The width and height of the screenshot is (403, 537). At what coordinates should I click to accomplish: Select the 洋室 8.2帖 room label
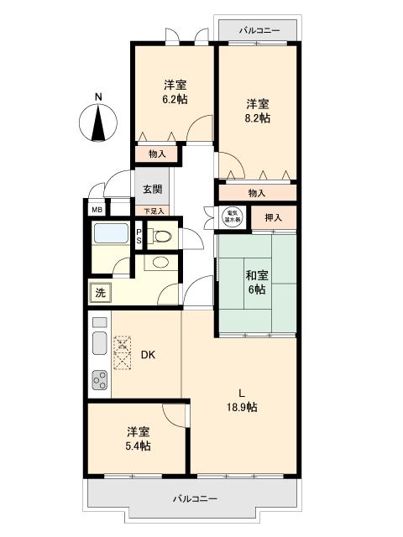[258, 111]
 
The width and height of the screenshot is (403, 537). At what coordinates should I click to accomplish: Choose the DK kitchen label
[147, 355]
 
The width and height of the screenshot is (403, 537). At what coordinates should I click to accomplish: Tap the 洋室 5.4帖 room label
[139, 439]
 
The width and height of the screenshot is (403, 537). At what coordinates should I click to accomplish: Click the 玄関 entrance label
[152, 189]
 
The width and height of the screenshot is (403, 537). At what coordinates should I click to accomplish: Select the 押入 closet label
[274, 218]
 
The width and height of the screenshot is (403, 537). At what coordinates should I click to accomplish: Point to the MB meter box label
[97, 210]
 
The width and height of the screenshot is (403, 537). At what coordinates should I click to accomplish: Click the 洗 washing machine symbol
[100, 293]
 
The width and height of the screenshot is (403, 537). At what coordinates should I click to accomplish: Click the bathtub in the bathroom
[110, 234]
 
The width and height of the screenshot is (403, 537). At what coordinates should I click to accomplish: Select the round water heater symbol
[231, 216]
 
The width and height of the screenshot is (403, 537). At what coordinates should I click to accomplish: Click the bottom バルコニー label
[195, 498]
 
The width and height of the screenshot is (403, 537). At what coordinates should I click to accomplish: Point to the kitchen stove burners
[100, 382]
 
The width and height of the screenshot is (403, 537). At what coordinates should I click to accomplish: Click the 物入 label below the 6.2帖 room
[157, 154]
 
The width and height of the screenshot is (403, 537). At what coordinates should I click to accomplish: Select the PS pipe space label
[139, 237]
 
